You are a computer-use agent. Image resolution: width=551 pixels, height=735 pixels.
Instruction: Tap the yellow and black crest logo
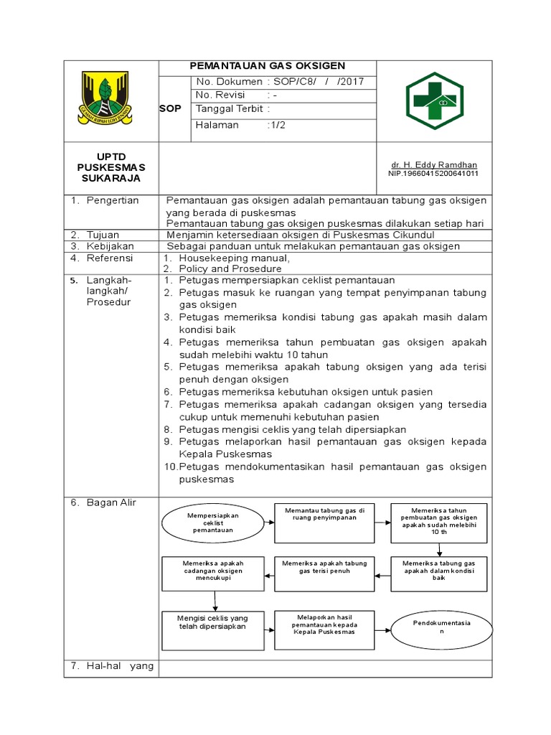[x=105, y=98]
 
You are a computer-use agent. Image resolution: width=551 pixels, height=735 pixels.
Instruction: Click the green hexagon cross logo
[x=435, y=101]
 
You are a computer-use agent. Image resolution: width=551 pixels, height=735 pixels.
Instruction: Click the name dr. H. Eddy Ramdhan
[x=433, y=165]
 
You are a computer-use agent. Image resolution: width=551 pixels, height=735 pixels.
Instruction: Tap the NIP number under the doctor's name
[x=433, y=174]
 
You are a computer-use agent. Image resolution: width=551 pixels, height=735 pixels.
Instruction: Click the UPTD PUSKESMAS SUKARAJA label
[x=111, y=167]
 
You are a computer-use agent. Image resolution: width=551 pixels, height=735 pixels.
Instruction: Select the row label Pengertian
[x=113, y=200]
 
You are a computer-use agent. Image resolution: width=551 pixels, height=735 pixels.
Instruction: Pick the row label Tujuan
[x=103, y=235]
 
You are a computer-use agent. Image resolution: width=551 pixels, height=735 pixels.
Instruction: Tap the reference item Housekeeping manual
[x=234, y=258]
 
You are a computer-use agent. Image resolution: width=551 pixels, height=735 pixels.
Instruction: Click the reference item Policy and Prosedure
[x=230, y=268]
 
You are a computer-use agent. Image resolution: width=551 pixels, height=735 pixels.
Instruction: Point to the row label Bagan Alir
[x=111, y=502]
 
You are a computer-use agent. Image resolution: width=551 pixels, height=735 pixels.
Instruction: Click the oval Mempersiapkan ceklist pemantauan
[x=212, y=523]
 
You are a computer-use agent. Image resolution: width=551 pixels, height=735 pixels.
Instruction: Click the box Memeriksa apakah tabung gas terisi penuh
[x=324, y=567]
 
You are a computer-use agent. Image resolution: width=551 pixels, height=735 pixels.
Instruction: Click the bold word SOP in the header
[x=171, y=108]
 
